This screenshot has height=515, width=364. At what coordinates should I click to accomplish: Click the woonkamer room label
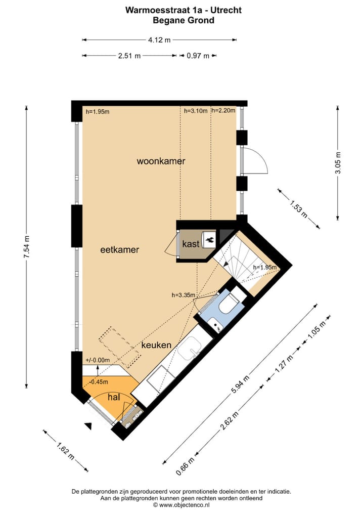[161, 161]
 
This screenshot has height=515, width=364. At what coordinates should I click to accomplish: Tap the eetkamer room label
[119, 250]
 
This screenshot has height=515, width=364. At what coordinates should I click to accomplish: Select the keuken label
[156, 345]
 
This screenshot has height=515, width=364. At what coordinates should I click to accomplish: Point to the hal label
[114, 398]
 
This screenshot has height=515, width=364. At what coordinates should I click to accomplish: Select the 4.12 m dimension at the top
[159, 39]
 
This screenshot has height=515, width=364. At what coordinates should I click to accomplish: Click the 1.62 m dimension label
[62, 449]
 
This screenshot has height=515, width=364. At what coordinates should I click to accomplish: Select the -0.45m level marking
[99, 382]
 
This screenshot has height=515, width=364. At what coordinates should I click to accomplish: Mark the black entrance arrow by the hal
[89, 426]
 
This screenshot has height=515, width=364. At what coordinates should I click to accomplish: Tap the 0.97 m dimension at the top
[198, 56]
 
